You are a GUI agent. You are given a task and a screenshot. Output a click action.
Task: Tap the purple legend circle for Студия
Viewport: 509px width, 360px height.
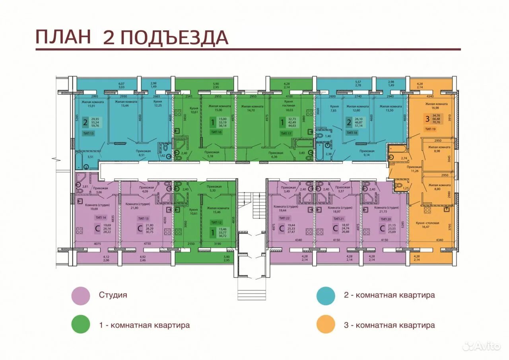[81, 296]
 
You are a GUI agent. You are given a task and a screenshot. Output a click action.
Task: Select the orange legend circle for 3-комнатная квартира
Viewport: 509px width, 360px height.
[326, 325]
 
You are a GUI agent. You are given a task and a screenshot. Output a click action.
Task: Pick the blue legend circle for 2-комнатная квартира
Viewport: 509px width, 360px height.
[326, 296]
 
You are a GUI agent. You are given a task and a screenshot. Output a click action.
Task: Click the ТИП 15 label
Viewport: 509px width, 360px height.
[88, 133]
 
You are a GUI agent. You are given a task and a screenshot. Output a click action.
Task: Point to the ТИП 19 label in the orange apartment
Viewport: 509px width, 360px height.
[430, 129]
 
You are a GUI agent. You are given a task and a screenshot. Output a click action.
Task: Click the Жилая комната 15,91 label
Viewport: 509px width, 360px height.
[91, 104]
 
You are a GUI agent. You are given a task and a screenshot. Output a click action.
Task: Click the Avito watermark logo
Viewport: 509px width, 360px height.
[482, 346]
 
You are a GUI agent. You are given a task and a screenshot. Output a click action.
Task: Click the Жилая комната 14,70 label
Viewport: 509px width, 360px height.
[252, 109]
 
